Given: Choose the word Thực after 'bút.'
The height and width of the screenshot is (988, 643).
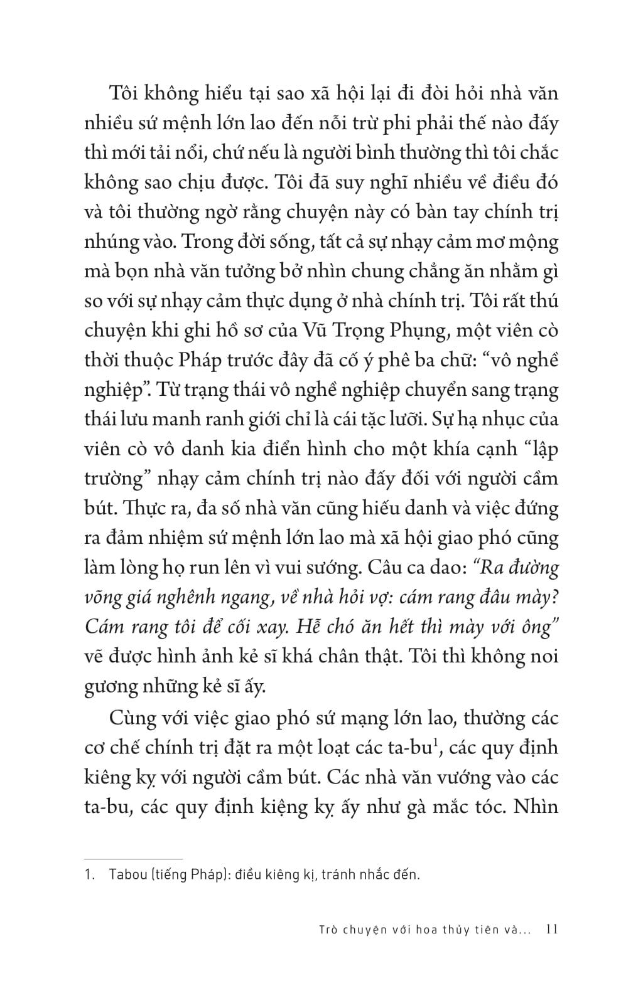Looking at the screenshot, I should (x=148, y=508).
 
